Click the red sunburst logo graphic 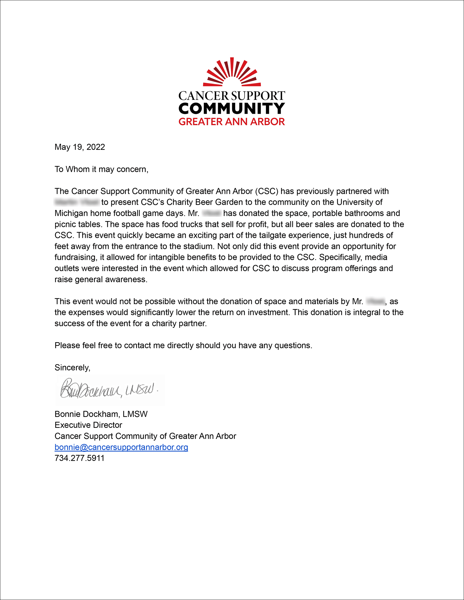[232, 72]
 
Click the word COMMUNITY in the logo [232, 109]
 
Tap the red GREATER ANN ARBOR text [232, 122]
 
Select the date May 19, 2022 [80, 147]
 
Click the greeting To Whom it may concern [101, 169]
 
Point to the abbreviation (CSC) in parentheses [267, 192]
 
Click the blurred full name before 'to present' [77, 202]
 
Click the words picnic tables [78, 225]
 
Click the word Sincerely [72, 368]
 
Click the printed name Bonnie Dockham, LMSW [101, 414]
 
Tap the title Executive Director [88, 425]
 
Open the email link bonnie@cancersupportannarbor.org [121, 447]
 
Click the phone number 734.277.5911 [79, 458]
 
